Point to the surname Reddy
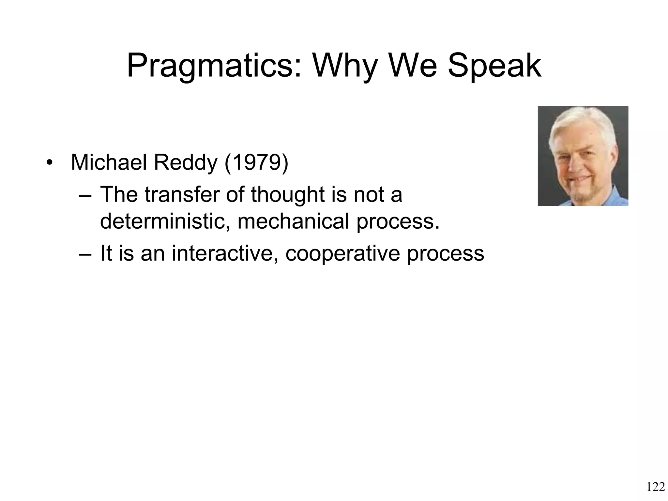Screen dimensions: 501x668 click(185, 162)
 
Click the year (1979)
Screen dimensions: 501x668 click(256, 162)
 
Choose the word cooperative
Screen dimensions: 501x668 click(342, 253)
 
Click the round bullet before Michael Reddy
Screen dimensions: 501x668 click(49, 162)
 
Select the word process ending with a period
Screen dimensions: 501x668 click(398, 221)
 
